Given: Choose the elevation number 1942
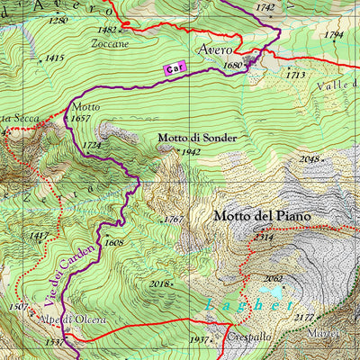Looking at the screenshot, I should [x=190, y=152].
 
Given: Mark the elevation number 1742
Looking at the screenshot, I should [x=265, y=7].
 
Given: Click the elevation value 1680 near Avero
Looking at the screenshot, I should [x=232, y=66].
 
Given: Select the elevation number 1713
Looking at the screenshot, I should [x=295, y=76].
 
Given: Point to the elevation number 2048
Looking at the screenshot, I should [x=310, y=159].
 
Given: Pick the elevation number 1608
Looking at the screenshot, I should [x=113, y=242].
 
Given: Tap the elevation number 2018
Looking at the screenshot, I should [x=159, y=283].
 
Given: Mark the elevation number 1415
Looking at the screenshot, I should [x=54, y=58].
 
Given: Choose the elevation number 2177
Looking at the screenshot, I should [x=303, y=318].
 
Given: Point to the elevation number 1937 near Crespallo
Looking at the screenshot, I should [x=200, y=340].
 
